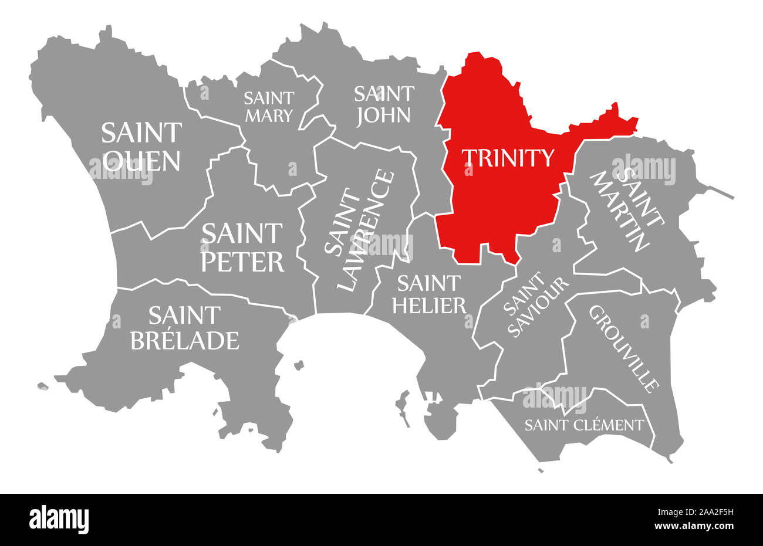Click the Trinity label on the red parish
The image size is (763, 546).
[x=508, y=158]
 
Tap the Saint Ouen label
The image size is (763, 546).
[x=141, y=147]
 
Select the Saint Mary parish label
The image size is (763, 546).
[x=268, y=106]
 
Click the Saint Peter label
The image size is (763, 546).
[x=242, y=247]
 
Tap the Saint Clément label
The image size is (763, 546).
[x=584, y=425]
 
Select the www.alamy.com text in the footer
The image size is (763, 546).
[x=701, y=526]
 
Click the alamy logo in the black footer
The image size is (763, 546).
[x=59, y=519]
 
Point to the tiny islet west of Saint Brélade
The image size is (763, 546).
[x=42, y=386]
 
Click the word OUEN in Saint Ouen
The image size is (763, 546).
[x=141, y=160]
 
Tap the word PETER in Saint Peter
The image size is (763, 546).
[x=242, y=262]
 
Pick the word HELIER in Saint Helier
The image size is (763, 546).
[x=430, y=305]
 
